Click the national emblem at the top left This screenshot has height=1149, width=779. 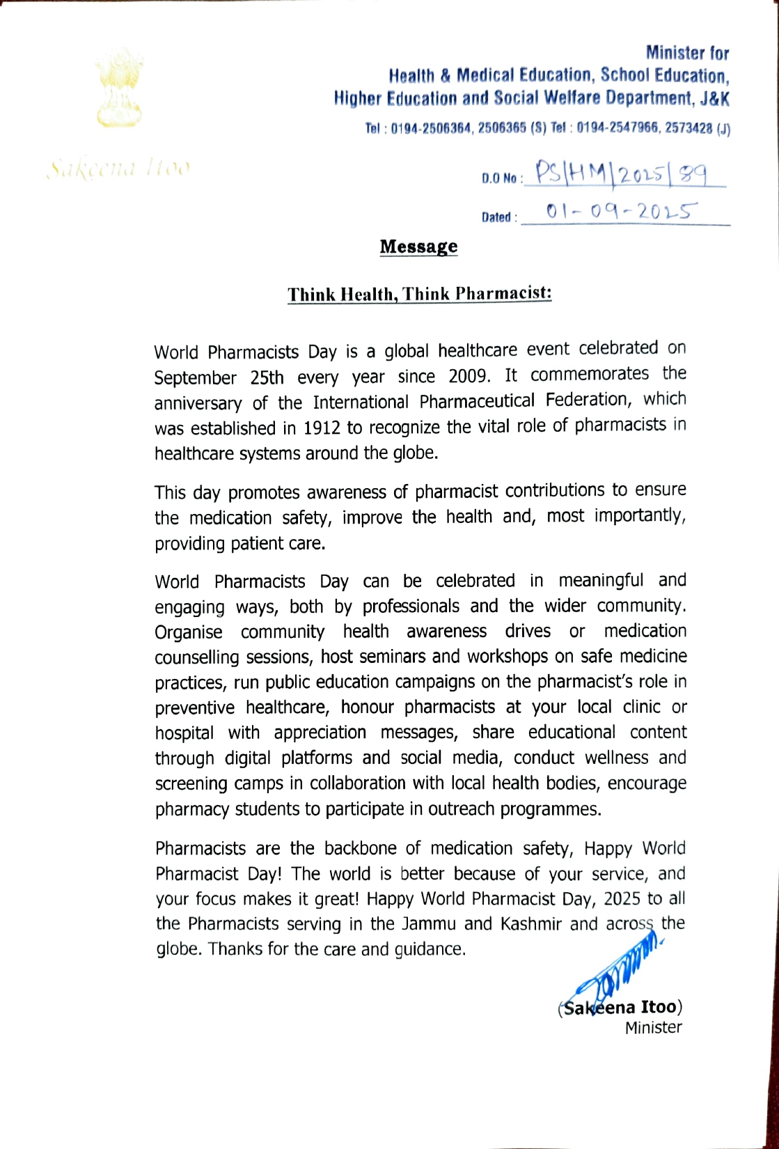pyautogui.click(x=119, y=88)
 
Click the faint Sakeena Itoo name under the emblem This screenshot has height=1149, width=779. pyautogui.click(x=118, y=169)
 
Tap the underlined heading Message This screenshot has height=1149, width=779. pyautogui.click(x=418, y=247)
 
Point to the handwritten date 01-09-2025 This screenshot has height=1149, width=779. pyautogui.click(x=622, y=211)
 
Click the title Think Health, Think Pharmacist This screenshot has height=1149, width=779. pyautogui.click(x=420, y=294)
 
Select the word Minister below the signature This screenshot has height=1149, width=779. pyautogui.click(x=653, y=1027)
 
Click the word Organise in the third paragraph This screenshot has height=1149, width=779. pyautogui.click(x=189, y=632)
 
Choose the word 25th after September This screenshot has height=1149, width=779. pyautogui.click(x=267, y=377)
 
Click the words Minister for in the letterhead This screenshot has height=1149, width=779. pyautogui.click(x=687, y=53)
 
